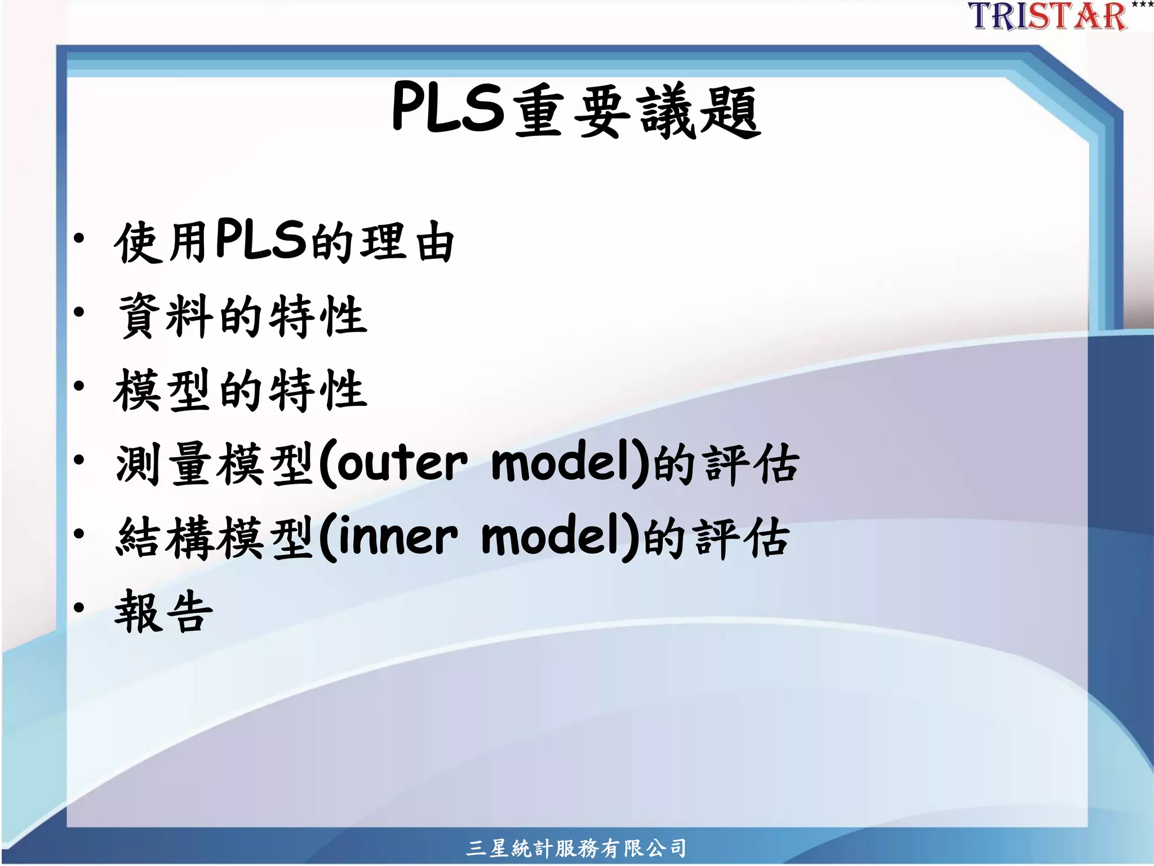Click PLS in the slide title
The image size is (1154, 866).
(x=447, y=107)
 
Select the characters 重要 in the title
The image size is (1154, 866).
(x=572, y=112)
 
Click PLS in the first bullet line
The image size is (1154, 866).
(x=261, y=239)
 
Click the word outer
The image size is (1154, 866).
(x=402, y=463)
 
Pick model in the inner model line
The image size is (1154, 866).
(x=556, y=537)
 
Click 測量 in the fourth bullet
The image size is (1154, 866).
(x=163, y=463)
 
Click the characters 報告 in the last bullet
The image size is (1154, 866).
(x=163, y=611)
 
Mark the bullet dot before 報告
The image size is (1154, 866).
(x=79, y=607)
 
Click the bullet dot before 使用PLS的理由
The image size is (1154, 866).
(x=79, y=238)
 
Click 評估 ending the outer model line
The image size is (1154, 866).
(x=752, y=465)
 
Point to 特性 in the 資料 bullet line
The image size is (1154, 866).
(x=319, y=316)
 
